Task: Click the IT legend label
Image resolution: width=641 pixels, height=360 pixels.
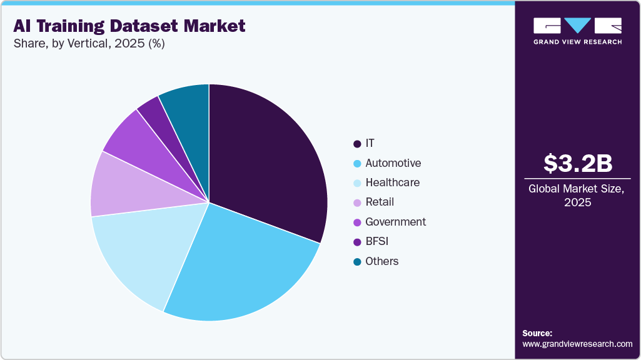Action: [x=370, y=144]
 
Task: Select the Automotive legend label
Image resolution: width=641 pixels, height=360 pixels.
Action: [x=393, y=163]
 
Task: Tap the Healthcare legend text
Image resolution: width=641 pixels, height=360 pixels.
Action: [x=392, y=182]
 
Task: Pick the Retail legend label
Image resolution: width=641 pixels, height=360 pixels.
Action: [x=380, y=202]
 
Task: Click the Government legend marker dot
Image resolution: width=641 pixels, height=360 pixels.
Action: [x=357, y=222]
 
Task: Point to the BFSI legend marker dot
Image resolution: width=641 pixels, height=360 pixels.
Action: [x=357, y=242]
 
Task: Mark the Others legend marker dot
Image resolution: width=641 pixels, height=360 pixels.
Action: [x=357, y=262]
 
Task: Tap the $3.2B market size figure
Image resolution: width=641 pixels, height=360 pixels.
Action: [x=577, y=163]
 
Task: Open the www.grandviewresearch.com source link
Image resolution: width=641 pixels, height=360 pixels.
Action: [x=577, y=344]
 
